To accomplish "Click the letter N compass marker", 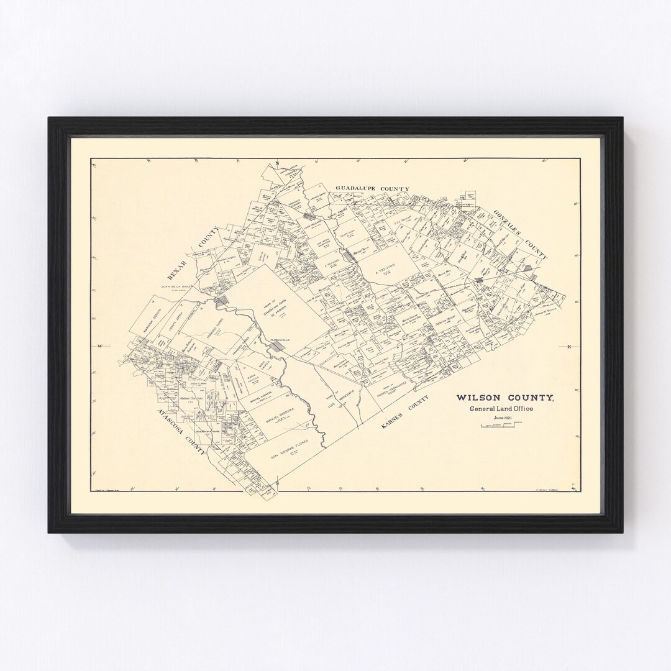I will click(279, 163).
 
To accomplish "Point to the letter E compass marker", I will click(569, 346).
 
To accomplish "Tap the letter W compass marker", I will click(99, 345).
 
